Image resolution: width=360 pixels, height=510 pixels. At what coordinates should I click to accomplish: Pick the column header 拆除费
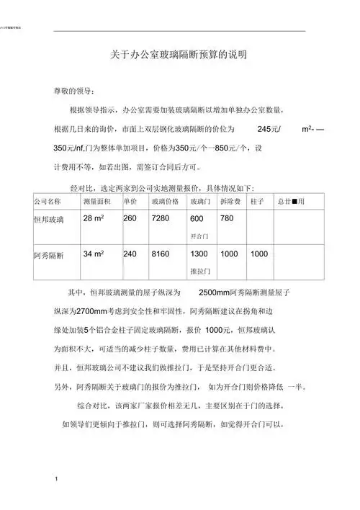click(x=230, y=200)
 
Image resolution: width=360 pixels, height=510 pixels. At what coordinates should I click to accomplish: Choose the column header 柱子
click(x=258, y=200)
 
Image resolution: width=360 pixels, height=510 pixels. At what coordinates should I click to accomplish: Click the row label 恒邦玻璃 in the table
click(x=48, y=218)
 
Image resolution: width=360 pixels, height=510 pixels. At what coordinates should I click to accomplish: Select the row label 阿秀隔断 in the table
click(x=48, y=255)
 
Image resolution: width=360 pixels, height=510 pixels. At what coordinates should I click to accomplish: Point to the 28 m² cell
click(x=96, y=218)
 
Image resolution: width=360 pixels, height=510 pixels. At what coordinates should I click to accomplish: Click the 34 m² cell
click(x=96, y=254)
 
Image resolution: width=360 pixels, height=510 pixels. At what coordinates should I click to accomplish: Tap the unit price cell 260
click(x=130, y=218)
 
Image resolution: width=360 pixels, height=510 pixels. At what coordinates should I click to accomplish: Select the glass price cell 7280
click(x=161, y=218)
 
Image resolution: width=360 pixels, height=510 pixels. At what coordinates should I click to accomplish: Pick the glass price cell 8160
click(x=161, y=254)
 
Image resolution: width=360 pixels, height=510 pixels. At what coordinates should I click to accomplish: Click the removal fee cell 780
click(x=227, y=218)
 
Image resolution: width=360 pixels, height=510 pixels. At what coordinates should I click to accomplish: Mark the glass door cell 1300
click(x=199, y=254)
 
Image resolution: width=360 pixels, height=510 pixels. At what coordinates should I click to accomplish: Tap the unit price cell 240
click(x=130, y=254)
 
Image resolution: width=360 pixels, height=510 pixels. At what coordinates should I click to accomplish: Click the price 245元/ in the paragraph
click(x=269, y=128)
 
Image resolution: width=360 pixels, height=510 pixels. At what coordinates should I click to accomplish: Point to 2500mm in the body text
click(x=213, y=294)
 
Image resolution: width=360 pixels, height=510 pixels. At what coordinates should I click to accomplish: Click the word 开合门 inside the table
click(x=199, y=236)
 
